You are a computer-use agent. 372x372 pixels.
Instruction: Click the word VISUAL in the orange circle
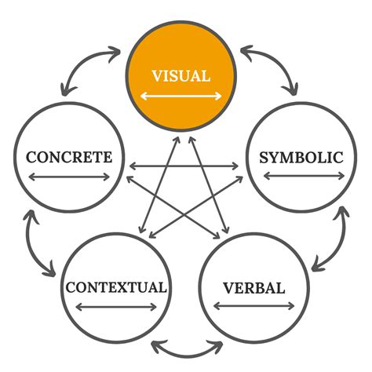pyautogui.click(x=181, y=76)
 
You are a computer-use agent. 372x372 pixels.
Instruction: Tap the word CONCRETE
pyautogui.click(x=69, y=157)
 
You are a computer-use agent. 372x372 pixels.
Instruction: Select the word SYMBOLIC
pyautogui.click(x=301, y=157)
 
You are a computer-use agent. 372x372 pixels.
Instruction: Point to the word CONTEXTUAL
pyautogui.click(x=116, y=287)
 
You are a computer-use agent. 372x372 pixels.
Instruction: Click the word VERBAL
pyautogui.click(x=253, y=287)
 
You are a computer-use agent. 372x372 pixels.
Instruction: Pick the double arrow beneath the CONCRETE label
pyautogui.click(x=69, y=177)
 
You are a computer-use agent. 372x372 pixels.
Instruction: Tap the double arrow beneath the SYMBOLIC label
pyautogui.click(x=301, y=177)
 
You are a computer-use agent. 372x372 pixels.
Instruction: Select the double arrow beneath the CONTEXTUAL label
pyautogui.click(x=116, y=308)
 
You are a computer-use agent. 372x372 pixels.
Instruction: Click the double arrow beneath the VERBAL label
pyautogui.click(x=253, y=308)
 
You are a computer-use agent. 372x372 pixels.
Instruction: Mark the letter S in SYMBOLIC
pyautogui.click(x=264, y=157)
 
